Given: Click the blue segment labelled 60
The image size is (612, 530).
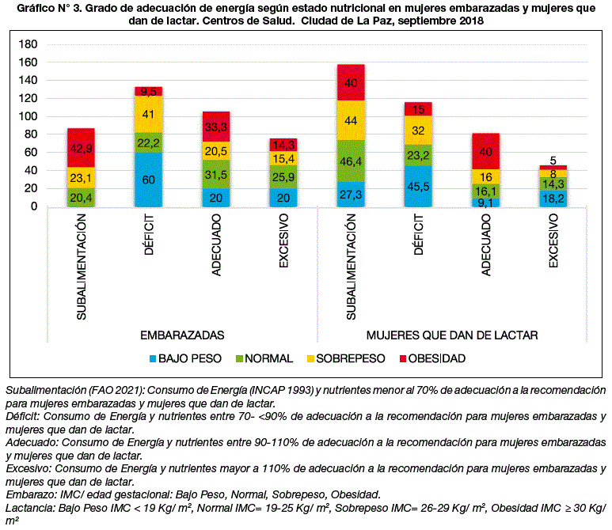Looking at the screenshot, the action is (148, 180).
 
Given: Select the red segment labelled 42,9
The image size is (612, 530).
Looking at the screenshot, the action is (82, 148).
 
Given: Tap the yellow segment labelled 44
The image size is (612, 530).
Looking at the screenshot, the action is (351, 120).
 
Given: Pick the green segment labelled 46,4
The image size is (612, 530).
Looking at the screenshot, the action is (351, 161).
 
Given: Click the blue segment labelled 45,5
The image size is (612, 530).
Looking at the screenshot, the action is (418, 186).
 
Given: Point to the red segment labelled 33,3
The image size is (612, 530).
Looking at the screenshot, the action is (216, 127).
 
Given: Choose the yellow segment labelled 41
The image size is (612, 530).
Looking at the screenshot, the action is (148, 114).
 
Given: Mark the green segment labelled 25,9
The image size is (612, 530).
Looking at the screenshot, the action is (283, 177).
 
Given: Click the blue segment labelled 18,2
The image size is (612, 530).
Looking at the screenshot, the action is (553, 199).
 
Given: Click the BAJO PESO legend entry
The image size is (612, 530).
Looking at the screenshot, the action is (185, 358).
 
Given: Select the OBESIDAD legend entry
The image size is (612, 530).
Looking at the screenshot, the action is (432, 358).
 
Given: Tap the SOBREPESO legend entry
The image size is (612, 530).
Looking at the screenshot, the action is (346, 358).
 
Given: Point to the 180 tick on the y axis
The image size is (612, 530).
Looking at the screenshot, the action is (28, 44).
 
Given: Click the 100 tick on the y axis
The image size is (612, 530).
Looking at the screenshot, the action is (28, 116).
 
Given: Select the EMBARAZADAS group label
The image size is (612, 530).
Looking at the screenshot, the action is (182, 335).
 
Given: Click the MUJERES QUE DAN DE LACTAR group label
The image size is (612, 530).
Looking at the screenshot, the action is (452, 335).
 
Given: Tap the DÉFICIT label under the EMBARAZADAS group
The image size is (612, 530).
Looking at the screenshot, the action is (149, 234).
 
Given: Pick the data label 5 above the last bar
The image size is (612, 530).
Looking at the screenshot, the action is (553, 161).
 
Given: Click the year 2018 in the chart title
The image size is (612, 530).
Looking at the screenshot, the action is (471, 21).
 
